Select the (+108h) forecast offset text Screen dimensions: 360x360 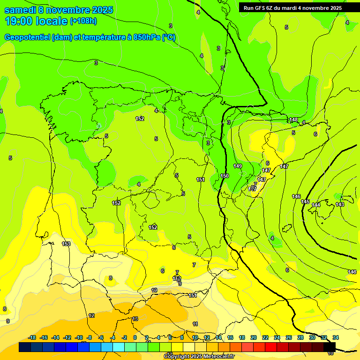(x=83, y=21)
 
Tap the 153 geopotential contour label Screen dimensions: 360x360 (x=66, y=244)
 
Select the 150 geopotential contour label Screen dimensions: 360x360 (x=225, y=176)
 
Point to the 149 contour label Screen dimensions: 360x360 (x=238, y=166)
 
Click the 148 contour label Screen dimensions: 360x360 (x=293, y=120)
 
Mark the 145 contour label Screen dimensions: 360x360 (x=305, y=202)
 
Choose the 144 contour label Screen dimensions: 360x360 (x=316, y=205)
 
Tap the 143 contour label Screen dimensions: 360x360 (x=340, y=204)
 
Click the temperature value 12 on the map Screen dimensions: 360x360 (x=91, y=315)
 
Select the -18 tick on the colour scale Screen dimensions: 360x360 (x=32, y=337)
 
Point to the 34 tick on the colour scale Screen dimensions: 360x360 (x=335, y=337)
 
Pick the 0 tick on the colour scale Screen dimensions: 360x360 (x=135, y=337)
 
